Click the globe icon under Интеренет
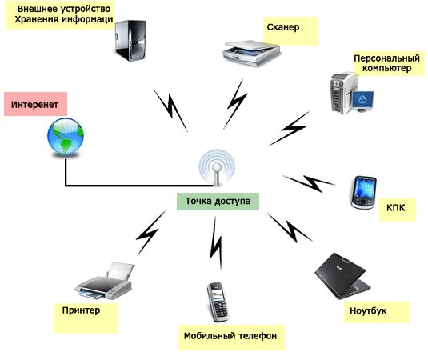(x=66, y=137)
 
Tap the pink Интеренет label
(x=35, y=104)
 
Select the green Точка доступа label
(x=218, y=202)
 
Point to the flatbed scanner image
(x=251, y=53)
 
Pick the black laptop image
(x=342, y=276)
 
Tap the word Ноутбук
(x=368, y=311)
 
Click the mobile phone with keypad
(x=218, y=302)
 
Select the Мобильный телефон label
(x=230, y=336)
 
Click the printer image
(x=105, y=280)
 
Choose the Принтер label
(x=81, y=310)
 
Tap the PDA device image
(x=364, y=193)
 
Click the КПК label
(x=395, y=208)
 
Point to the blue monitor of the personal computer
(x=362, y=100)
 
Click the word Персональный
(x=386, y=58)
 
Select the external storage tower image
(x=130, y=40)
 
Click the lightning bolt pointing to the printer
(x=150, y=233)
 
